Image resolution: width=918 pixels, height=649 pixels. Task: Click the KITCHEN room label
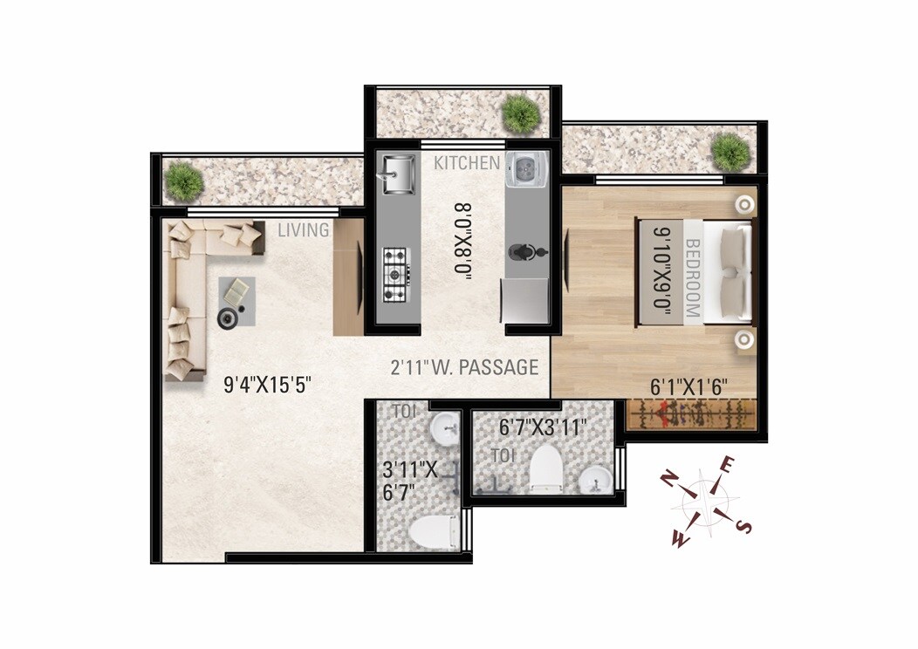click(467, 163)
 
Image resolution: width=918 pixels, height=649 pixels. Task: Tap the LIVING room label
click(304, 230)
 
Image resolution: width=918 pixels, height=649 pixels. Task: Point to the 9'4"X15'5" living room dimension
click(267, 385)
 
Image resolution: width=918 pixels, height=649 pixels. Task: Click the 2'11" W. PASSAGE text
click(464, 367)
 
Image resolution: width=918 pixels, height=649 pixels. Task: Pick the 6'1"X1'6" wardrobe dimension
click(688, 386)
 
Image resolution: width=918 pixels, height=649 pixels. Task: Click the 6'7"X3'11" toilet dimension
click(543, 427)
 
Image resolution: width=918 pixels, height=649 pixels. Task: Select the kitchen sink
click(398, 174)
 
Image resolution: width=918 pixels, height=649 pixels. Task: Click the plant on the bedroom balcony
click(730, 152)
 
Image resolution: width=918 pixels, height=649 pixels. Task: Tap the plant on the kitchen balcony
click(521, 113)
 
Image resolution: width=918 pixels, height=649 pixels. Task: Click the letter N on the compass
click(670, 481)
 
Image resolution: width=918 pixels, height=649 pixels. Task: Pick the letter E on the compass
click(727, 465)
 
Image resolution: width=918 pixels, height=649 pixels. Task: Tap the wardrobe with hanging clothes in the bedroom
click(691, 414)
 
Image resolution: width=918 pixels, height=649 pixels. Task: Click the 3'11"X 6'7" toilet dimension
click(410, 481)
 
